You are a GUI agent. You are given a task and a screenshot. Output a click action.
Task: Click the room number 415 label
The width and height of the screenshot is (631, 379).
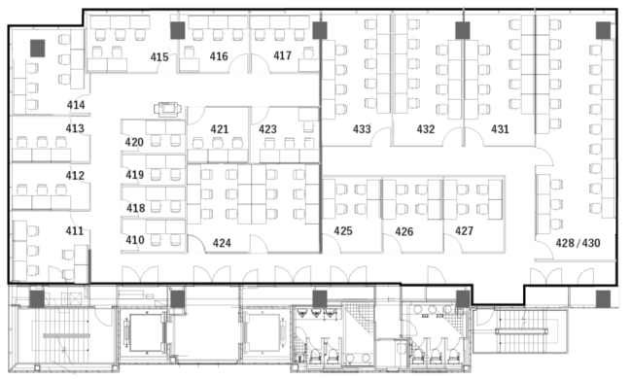pos(159,57)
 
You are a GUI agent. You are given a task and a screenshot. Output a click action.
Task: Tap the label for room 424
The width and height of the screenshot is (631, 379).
pos(222,243)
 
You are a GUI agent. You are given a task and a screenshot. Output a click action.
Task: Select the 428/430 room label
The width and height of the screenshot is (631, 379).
pos(578,243)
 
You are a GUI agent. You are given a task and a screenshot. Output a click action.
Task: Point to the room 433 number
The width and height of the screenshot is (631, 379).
pos(362,129)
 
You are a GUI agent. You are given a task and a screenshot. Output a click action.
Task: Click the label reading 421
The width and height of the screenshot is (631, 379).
pos(220,129)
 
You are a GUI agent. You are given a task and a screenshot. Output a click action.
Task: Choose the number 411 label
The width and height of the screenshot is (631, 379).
pos(75,231)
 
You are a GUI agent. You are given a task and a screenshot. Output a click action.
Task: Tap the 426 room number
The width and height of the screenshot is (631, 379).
pos(404,231)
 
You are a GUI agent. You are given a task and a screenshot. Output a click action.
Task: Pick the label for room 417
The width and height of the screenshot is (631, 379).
pos(282,55)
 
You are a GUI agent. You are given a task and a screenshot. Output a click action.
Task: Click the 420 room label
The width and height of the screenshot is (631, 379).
pos(134,143)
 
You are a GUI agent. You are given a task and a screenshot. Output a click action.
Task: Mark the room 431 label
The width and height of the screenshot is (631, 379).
pos(500,129)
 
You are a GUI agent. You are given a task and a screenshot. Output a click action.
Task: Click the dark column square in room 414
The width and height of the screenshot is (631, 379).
pos(37,49)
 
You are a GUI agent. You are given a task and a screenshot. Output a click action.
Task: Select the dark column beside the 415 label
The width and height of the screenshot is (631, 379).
pos(178,30)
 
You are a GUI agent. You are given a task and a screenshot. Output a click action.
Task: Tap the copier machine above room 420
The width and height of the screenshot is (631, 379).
pos(167,109)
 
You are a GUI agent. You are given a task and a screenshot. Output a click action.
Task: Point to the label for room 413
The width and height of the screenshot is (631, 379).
pos(75,128)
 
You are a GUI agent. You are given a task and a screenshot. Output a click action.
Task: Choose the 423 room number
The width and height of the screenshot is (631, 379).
pos(267,129)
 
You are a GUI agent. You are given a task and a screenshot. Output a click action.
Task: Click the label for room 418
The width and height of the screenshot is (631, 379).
pos(135,208)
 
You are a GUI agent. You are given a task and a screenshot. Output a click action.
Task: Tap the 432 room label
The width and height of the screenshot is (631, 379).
pos(426,129)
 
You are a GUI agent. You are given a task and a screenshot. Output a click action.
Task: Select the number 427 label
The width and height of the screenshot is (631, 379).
pos(464,231)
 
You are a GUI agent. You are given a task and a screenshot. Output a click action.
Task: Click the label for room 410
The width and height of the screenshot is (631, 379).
pos(135,240)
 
